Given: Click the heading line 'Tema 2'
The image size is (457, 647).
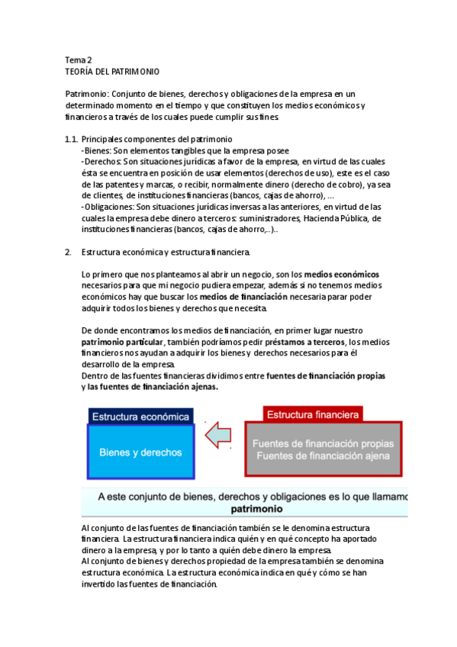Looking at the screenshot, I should pos(79,60).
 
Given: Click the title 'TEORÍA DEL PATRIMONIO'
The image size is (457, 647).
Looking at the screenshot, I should pos(112,72).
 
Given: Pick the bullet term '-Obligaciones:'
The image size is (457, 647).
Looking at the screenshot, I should pos(108,207).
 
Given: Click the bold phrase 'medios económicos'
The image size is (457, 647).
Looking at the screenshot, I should pos(342,274).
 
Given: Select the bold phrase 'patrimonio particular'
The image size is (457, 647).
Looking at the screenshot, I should pos(123,342).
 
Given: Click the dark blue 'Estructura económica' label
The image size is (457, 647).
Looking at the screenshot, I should pos(140,417).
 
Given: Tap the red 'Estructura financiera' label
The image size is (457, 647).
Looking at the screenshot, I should pos(313,414).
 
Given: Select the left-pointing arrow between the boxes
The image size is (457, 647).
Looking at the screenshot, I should pos(220,435).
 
